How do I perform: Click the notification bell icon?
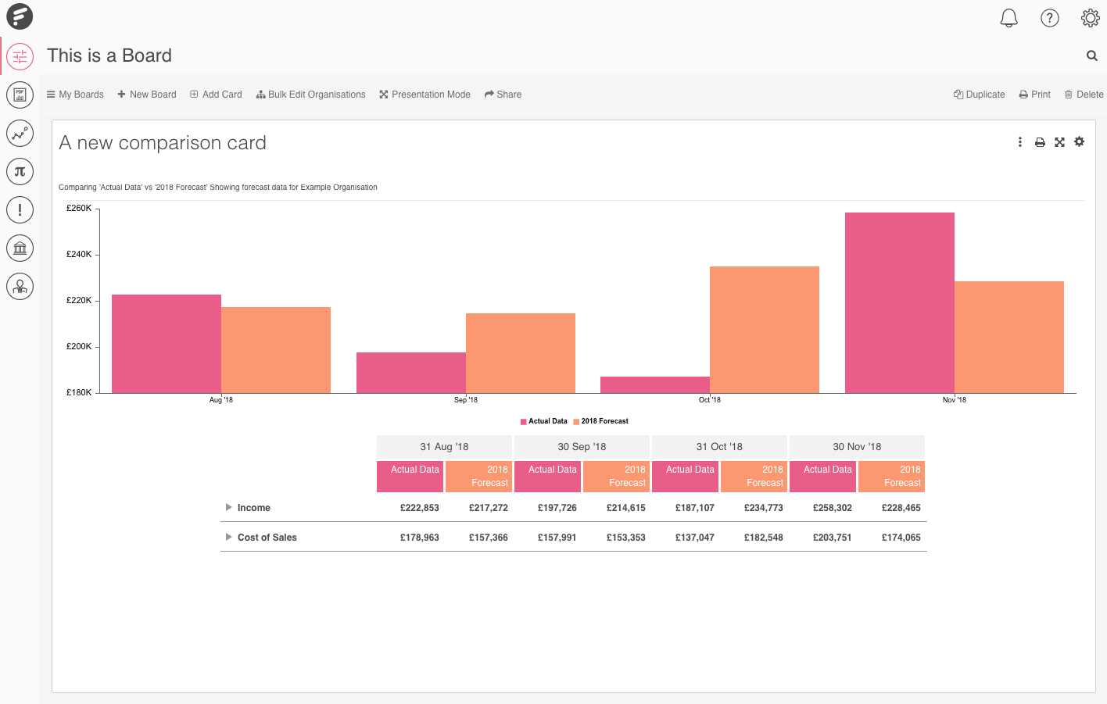coord(1008,18)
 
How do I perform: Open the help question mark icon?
coord(1049,18)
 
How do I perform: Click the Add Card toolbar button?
coord(216,95)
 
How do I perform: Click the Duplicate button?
coord(979,95)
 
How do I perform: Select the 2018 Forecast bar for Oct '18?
coord(764,329)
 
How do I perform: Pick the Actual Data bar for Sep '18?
coord(410,373)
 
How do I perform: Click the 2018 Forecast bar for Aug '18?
coord(275,349)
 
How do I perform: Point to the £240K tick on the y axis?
coord(79,254)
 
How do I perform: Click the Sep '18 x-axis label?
coord(465,400)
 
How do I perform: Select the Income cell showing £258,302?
coord(832,508)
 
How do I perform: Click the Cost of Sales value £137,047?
coord(694,538)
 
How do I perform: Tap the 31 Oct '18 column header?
coord(719,447)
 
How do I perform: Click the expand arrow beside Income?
coord(228,508)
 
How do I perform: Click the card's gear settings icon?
coord(1079,142)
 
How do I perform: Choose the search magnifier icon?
coord(1091,55)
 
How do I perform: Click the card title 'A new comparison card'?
coord(163,143)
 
